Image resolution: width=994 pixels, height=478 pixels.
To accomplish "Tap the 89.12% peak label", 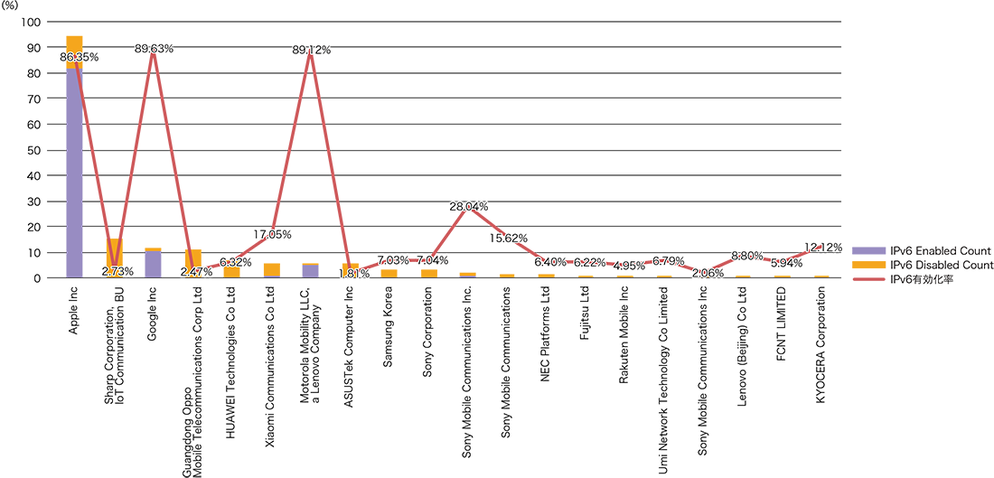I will tap(313, 51).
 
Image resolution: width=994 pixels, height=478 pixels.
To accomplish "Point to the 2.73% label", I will tap(117, 271).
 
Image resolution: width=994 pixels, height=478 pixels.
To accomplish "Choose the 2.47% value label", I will tap(196, 271).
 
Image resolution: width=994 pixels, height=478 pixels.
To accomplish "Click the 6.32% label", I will tap(235, 262).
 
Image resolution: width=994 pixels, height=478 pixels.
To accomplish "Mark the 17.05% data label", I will tap(271, 235).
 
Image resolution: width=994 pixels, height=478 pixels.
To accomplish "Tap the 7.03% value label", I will tap(391, 261).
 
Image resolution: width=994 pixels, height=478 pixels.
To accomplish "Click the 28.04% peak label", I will tap(470, 207).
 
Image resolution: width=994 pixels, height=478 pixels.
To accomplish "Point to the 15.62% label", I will tap(509, 239).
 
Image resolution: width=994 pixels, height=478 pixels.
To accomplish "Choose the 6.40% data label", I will tap(549, 262).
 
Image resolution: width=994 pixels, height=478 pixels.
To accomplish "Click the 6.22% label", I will tap(589, 262).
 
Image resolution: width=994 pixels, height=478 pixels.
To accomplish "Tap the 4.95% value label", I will tap(628, 266).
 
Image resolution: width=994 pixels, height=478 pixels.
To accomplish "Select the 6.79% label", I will tap(668, 261).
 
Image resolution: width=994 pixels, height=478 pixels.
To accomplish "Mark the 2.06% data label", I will tap(707, 272).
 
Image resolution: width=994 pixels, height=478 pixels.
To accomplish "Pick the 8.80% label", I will tap(746, 256).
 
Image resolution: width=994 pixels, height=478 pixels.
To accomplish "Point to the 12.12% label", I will tap(822, 247).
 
